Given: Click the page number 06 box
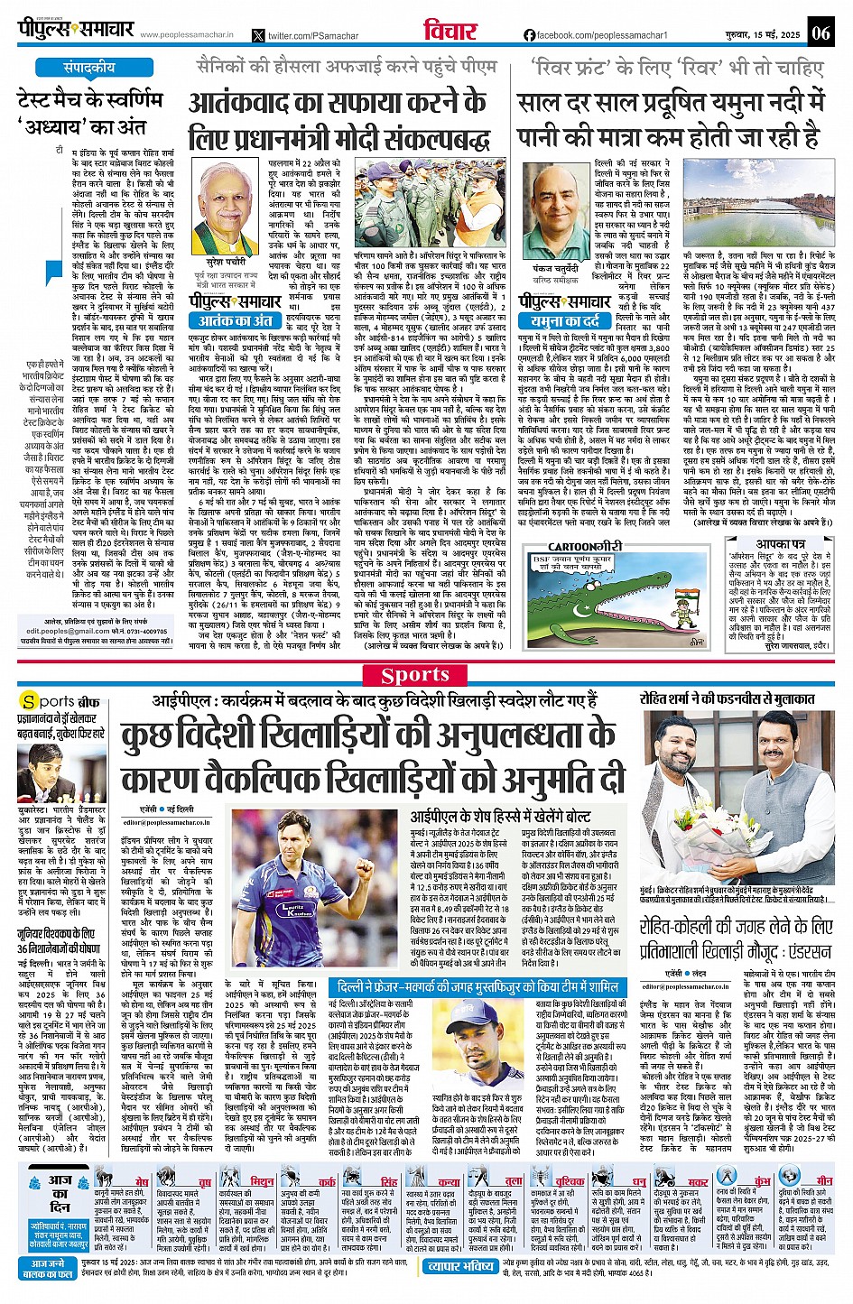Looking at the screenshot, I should point(821,33).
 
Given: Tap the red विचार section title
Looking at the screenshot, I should point(450,31).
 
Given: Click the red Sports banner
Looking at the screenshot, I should point(415,674).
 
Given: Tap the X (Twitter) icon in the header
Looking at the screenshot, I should point(259,35).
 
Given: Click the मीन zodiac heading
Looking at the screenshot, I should point(822,1180).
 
